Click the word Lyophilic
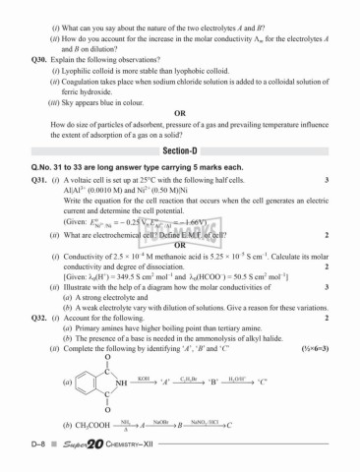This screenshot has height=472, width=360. [93, 73]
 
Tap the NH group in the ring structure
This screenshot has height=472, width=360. [119, 384]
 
